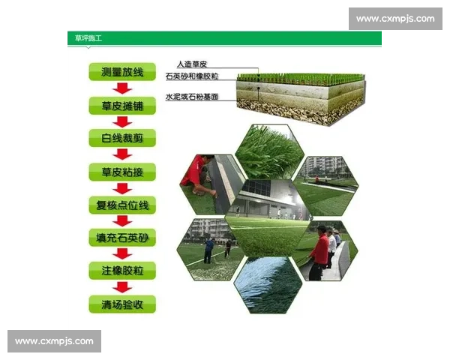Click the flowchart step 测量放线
[x=122, y=72]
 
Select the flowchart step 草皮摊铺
[x=122, y=106]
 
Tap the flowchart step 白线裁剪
[x=122, y=139]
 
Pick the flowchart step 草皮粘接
[x=122, y=172]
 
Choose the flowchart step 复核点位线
[x=122, y=205]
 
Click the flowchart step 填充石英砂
[x=122, y=238]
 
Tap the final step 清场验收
[x=122, y=304]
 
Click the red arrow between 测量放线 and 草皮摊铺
[x=122, y=88]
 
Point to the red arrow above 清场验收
[x=122, y=287]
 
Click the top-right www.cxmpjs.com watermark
[x=395, y=19]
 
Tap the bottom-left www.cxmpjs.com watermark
[x=54, y=341]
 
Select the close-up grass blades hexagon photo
[x=268, y=151]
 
